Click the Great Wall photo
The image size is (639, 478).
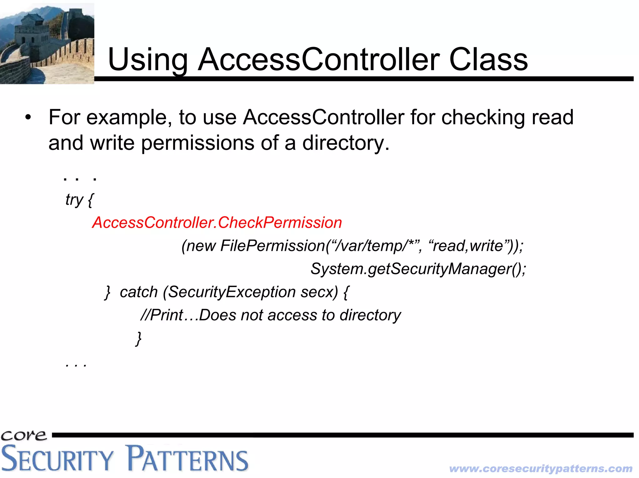click(47, 44)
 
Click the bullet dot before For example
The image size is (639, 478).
click(28, 118)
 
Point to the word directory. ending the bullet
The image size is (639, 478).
click(346, 143)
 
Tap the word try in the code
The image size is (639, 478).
click(74, 200)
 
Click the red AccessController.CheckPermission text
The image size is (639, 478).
click(217, 222)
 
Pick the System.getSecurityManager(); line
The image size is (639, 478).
click(418, 269)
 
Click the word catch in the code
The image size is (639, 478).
click(139, 292)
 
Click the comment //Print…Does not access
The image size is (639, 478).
click(270, 315)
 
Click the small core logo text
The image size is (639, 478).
click(24, 435)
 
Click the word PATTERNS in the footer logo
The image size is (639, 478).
click(187, 459)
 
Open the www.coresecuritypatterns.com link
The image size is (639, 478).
click(540, 468)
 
